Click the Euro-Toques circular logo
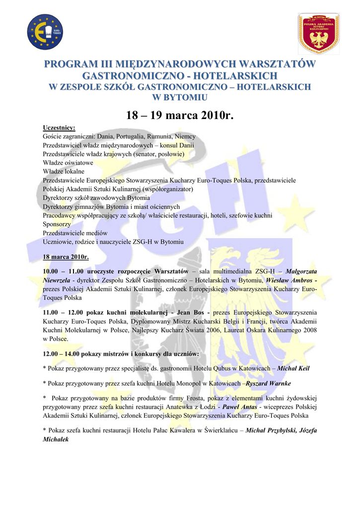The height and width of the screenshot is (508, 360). (45, 32)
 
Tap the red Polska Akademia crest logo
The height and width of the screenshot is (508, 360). (318, 33)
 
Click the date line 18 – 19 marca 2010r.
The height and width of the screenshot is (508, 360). (179, 116)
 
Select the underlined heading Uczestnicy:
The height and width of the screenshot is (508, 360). (59, 128)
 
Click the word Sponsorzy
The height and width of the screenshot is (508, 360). (57, 224)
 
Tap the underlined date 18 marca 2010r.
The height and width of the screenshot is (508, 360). (66, 257)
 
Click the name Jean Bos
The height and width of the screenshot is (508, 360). (191, 313)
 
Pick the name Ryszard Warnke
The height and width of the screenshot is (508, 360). (269, 383)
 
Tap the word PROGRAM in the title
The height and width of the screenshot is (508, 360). (69, 64)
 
